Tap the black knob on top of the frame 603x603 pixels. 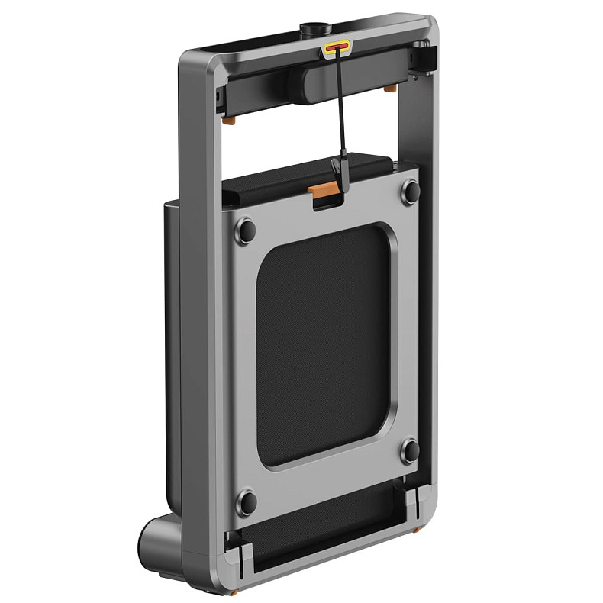pyautogui.click(x=314, y=30)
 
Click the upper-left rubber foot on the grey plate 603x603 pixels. pyautogui.click(x=245, y=228)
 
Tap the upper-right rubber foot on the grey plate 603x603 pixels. pyautogui.click(x=410, y=190)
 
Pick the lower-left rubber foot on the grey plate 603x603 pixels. pyautogui.click(x=246, y=501)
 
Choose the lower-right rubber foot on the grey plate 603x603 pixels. pyautogui.click(x=410, y=450)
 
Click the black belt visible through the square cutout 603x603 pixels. pyautogui.click(x=324, y=343)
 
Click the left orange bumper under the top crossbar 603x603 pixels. pyautogui.click(x=227, y=120)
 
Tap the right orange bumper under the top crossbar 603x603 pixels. pyautogui.click(x=389, y=89)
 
